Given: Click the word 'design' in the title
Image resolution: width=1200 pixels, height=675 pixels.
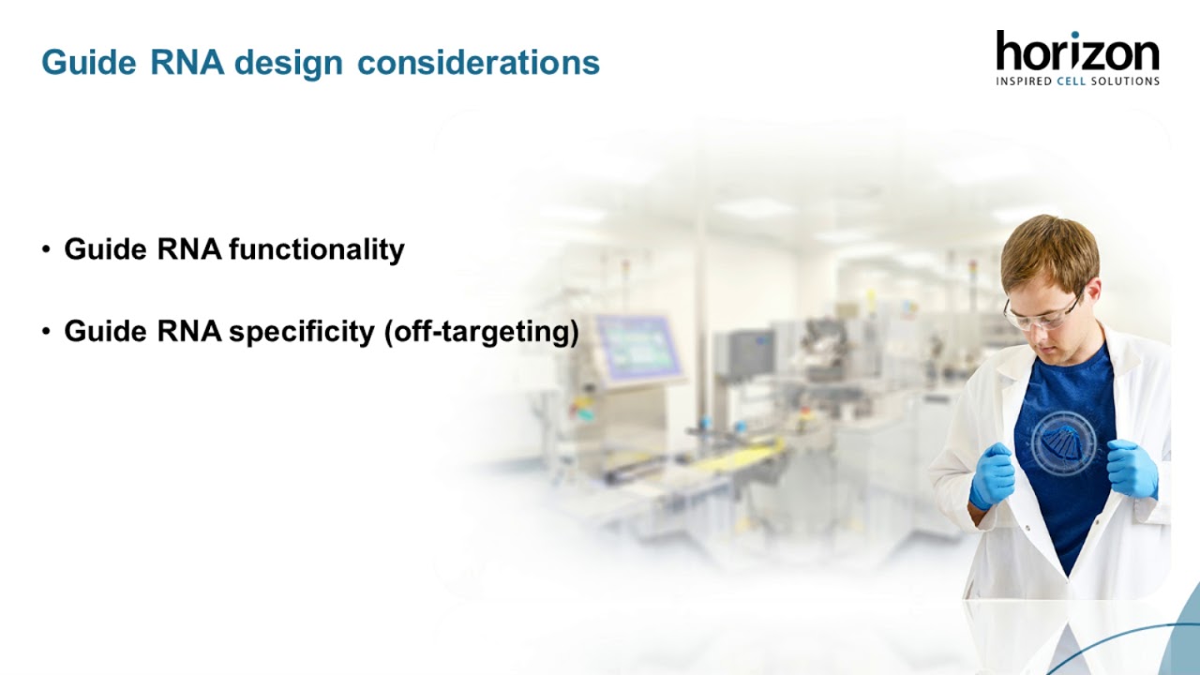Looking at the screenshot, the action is coord(289,63).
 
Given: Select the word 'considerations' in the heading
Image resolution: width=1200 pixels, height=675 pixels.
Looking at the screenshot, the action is coord(478,62).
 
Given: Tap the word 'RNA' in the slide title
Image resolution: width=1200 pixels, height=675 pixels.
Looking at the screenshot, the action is coord(187,62).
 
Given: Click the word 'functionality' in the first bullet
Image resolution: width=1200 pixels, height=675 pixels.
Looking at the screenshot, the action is coord(317,249).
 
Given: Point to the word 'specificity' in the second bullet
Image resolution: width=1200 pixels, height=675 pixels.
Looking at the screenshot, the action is coord(302,332).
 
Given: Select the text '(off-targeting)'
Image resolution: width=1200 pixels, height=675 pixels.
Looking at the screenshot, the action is coord(482,332).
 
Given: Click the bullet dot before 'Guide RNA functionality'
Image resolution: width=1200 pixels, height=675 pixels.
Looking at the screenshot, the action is coord(46,249).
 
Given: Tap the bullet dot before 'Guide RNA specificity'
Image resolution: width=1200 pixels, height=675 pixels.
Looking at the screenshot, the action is coord(46,332).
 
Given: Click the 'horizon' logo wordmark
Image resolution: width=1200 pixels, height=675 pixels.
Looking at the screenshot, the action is coord(1077,51).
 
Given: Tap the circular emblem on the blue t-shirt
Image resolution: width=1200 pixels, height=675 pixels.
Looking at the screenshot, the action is coord(1063,443).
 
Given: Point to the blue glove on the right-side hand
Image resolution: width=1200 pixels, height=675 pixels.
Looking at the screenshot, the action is coord(1132,469).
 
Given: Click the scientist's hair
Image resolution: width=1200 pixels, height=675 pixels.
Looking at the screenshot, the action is coord(1051,250).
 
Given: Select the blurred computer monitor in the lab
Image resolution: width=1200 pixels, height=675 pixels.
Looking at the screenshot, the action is coord(637,347).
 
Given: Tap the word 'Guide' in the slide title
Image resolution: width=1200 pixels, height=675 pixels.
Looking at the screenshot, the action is coord(89,62).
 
